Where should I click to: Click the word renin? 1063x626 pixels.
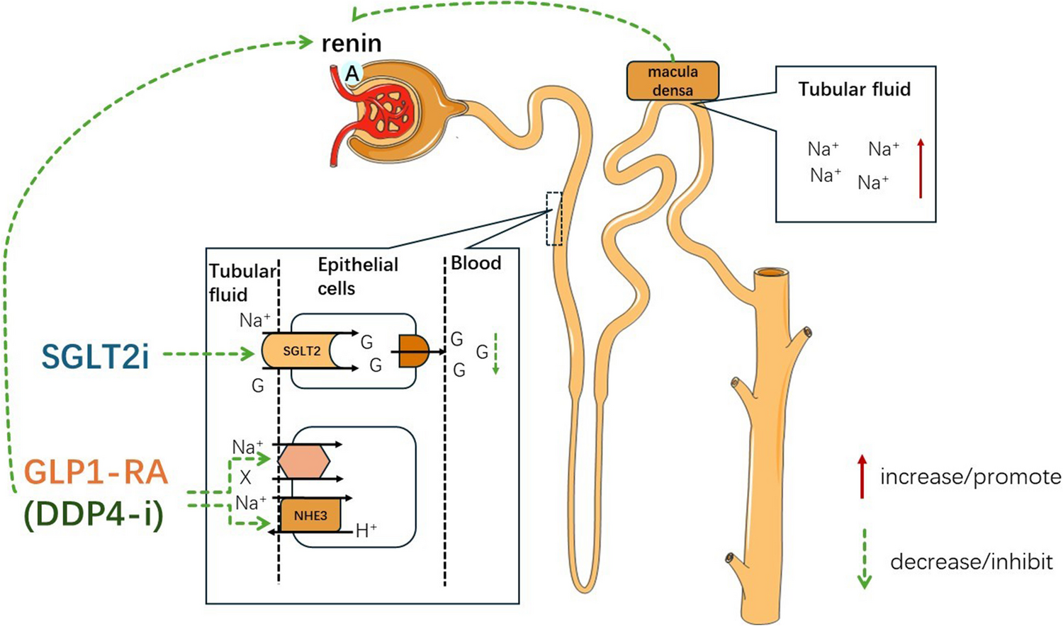351,43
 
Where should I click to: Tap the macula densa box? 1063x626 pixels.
673,81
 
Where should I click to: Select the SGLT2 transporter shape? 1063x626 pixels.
301,351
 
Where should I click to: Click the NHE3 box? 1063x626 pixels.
310,516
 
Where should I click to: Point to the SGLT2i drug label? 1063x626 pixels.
95,356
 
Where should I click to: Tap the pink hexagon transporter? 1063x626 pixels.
304,462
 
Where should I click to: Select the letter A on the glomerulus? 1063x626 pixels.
351,73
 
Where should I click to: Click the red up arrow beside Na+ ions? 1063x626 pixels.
921,168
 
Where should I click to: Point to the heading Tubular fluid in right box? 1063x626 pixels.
854,89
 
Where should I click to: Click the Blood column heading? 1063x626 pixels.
476,263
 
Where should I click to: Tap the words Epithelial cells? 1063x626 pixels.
357,276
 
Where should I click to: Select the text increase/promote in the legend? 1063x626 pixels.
970,477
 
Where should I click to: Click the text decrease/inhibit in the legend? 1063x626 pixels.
971,562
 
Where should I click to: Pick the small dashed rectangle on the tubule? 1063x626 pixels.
554,218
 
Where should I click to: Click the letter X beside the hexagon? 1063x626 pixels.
245,478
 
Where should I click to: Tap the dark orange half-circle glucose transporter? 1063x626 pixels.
413,351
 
